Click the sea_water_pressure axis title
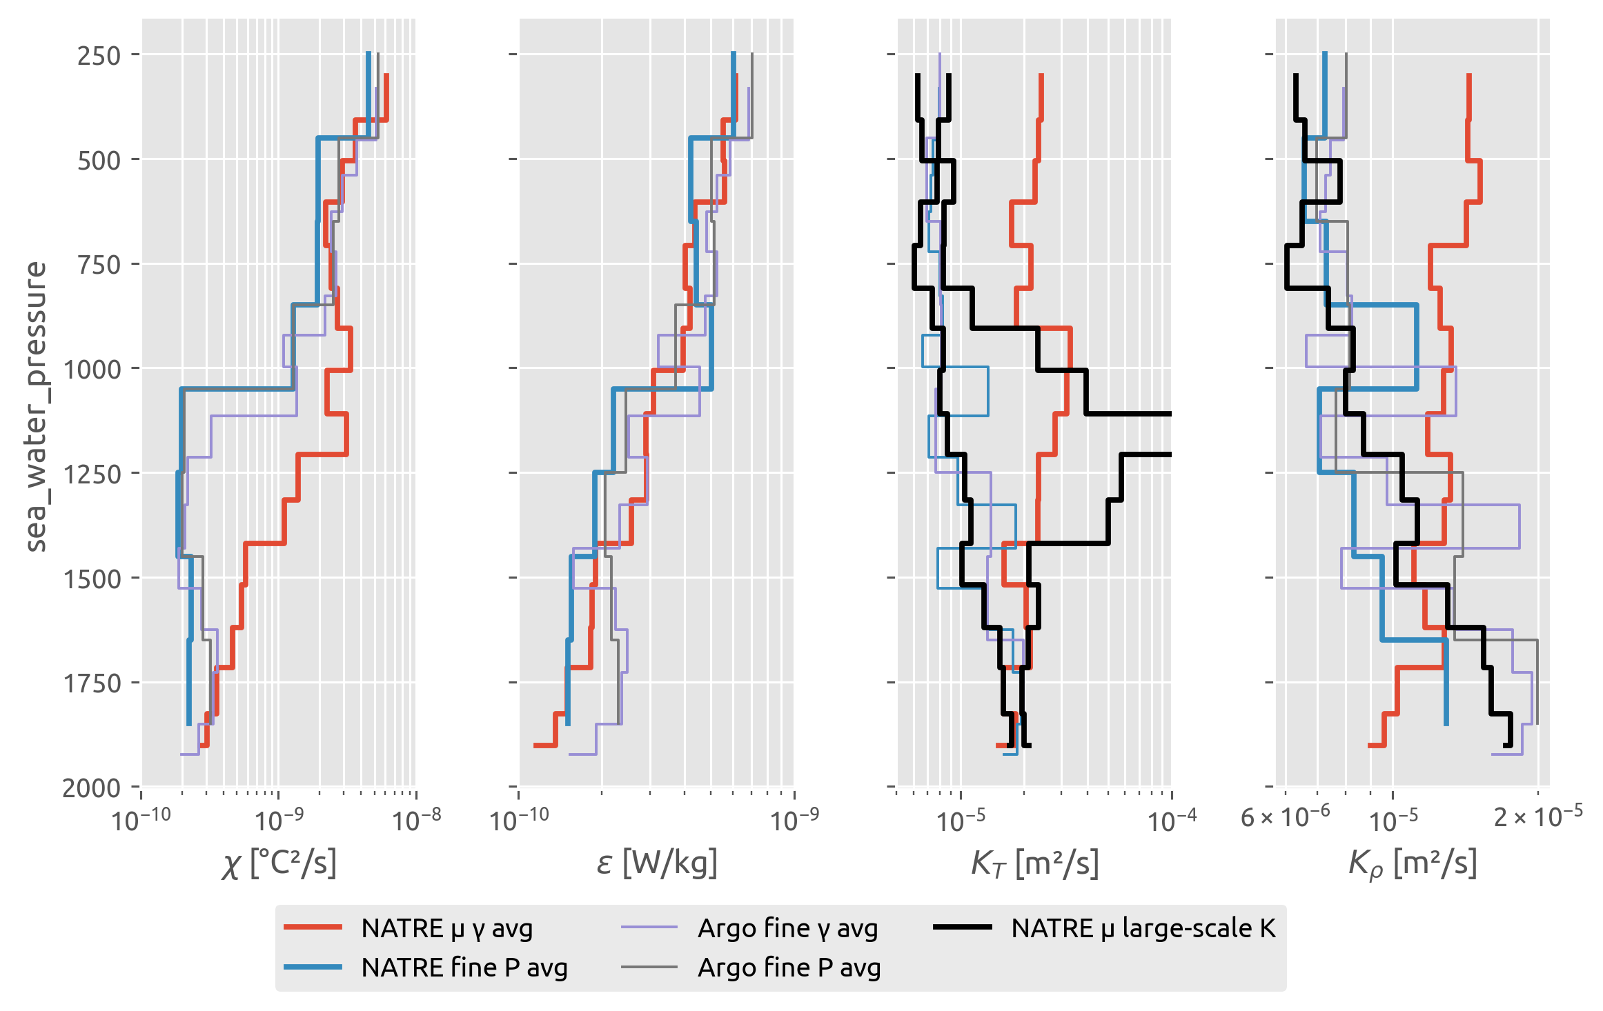[36, 407]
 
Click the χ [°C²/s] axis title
[279, 863]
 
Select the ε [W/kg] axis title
[656, 863]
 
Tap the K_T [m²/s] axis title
[1034, 863]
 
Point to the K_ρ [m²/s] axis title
[1413, 863]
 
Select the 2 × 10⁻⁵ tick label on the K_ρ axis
[1538, 818]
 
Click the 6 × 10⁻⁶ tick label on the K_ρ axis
[1285, 818]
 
